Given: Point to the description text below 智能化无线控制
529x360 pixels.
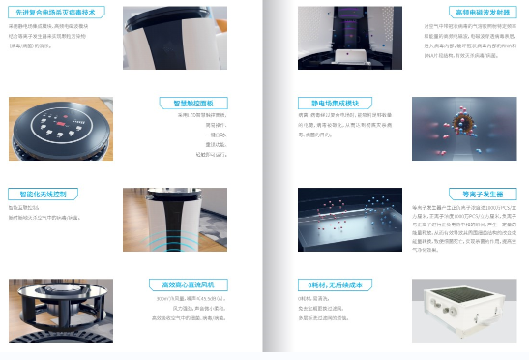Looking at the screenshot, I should click(44, 212).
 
